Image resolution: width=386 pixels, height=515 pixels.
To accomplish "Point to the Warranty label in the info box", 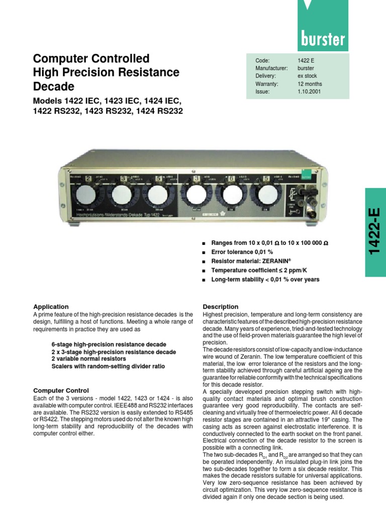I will click(267, 84).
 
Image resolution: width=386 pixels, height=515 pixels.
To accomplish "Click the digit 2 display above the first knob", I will click(88, 178).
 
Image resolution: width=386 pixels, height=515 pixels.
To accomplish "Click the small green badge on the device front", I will click(293, 177).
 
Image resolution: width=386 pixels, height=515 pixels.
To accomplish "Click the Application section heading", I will click(51, 306).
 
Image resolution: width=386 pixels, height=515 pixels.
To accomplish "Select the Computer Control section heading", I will click(61, 390).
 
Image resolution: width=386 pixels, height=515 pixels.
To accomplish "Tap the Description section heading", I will click(220, 306).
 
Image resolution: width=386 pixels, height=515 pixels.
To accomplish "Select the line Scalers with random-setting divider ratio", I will click(108, 366).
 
